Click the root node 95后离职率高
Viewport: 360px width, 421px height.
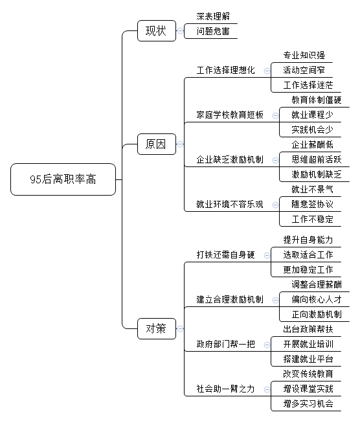63,179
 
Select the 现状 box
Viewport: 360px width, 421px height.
157,30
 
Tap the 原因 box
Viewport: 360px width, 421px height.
157,144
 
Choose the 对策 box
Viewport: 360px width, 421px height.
157,328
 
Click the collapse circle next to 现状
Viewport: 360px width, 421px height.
181,31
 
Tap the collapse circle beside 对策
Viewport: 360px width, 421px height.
181,329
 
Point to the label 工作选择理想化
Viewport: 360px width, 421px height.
225,71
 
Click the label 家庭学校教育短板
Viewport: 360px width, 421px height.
230,115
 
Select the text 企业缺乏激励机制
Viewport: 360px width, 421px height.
230,160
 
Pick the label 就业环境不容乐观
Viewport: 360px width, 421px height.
230,204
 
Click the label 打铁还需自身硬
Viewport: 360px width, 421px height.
225,255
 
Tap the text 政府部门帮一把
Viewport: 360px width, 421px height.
225,344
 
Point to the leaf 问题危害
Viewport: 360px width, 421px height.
213,32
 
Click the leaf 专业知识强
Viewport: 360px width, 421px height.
304,55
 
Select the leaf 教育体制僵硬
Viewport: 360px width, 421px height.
317,100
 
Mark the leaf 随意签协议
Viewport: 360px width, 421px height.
312,204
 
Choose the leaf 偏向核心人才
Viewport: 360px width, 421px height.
317,299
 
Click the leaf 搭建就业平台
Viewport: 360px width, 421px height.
308,359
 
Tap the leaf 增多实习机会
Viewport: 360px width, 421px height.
308,404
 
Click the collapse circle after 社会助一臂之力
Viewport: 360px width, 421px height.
267,389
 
